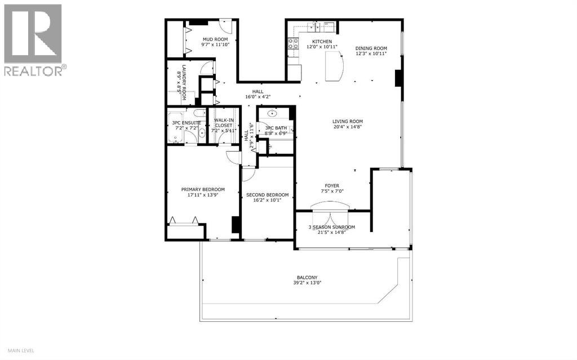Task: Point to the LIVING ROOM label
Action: click(347, 121)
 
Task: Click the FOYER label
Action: click(331, 185)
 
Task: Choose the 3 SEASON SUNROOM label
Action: click(331, 227)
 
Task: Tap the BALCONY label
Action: click(308, 277)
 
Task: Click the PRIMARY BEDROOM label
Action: click(203, 189)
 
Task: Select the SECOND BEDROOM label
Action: click(267, 195)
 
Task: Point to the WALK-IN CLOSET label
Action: click(220, 122)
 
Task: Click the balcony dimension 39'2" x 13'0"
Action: click(308, 283)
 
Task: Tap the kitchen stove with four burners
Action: click(293, 43)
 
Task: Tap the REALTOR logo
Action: click(33, 39)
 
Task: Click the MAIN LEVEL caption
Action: click(19, 350)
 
